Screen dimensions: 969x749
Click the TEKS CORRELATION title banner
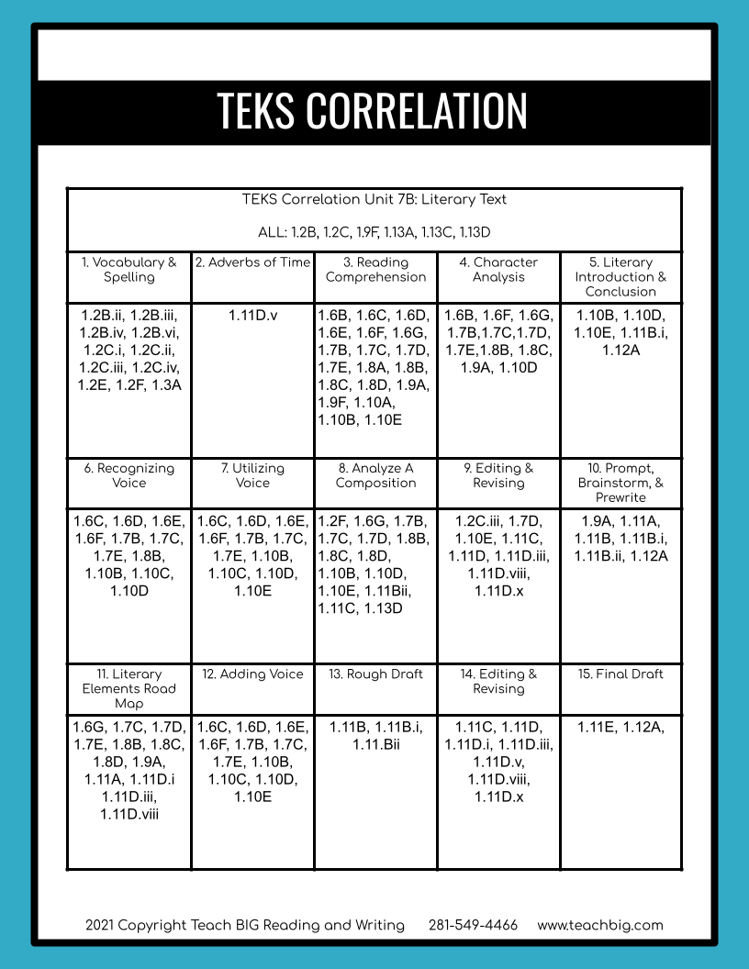coord(373,110)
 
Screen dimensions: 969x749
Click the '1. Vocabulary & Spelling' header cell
coord(129,270)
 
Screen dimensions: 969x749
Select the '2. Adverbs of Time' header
coord(252,262)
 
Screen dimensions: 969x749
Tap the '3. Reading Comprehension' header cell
coord(375,270)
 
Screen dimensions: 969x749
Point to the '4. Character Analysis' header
coord(498,270)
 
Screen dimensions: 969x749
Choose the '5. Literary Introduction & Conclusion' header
coord(620,277)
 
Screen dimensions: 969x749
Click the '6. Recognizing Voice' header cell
coord(129,475)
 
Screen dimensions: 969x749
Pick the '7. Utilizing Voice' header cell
coord(252,475)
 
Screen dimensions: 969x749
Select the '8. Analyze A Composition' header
coord(375,475)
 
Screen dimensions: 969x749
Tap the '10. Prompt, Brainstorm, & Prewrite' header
coord(620,483)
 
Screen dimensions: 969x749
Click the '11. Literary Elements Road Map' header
coord(129,688)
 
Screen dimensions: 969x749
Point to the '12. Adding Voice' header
coord(252,674)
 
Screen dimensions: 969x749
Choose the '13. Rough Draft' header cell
coord(375,674)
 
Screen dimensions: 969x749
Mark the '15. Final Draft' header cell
coord(620,674)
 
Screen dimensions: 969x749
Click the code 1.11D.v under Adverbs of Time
coord(252,316)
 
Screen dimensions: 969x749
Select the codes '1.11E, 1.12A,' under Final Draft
coord(620,728)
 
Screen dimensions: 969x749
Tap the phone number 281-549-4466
coord(473,925)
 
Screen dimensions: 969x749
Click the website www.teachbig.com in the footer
coord(600,925)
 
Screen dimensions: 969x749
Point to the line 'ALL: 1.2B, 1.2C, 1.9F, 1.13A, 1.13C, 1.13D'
coord(374,232)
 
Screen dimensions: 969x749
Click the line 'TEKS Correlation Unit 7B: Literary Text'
coord(374,199)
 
